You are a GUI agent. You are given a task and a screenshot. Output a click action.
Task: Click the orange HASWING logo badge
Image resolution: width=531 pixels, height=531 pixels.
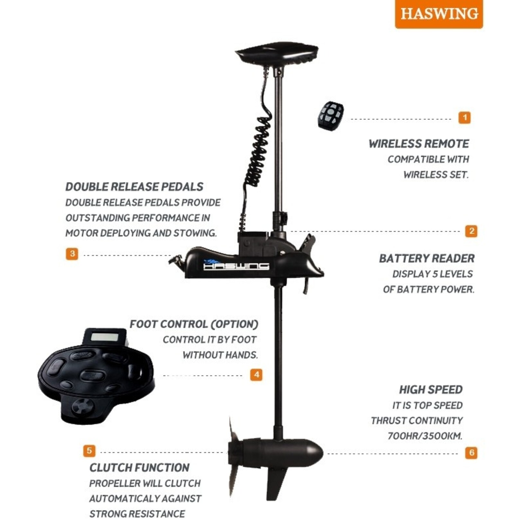[439, 14]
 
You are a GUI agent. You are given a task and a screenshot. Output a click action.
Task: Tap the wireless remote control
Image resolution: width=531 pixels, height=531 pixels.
[331, 116]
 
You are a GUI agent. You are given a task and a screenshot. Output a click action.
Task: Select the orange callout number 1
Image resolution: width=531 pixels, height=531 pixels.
[464, 118]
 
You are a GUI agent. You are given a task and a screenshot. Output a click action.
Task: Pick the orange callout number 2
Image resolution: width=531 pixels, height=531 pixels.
[471, 231]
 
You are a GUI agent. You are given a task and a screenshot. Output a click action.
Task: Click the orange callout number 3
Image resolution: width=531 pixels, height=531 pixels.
[72, 254]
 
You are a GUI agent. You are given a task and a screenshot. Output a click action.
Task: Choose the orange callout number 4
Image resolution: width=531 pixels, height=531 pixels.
[256, 375]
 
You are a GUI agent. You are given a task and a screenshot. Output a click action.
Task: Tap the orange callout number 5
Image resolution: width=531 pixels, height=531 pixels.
[89, 451]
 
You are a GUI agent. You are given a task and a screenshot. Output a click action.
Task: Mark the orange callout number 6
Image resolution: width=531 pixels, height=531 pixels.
[471, 453]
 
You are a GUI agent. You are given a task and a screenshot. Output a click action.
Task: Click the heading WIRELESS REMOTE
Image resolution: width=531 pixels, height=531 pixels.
[419, 144]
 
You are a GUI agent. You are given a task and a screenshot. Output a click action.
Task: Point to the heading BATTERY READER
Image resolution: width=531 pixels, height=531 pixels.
[427, 258]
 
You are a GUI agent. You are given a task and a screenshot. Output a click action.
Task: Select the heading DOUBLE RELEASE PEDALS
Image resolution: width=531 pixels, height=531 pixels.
[134, 187]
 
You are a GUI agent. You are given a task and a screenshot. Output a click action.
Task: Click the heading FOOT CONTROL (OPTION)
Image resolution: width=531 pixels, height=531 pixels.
[194, 324]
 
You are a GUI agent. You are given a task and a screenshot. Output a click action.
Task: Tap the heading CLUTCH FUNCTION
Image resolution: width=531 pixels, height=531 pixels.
[139, 468]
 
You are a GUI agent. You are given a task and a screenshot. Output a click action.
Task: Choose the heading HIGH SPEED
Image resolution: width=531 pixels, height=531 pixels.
[431, 390]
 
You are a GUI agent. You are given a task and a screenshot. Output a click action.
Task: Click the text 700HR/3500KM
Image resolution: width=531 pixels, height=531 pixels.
[425, 436]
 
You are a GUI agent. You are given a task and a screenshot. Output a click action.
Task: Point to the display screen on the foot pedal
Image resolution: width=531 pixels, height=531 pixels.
[104, 337]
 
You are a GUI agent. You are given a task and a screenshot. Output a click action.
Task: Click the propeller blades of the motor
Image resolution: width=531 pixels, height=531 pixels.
[234, 456]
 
